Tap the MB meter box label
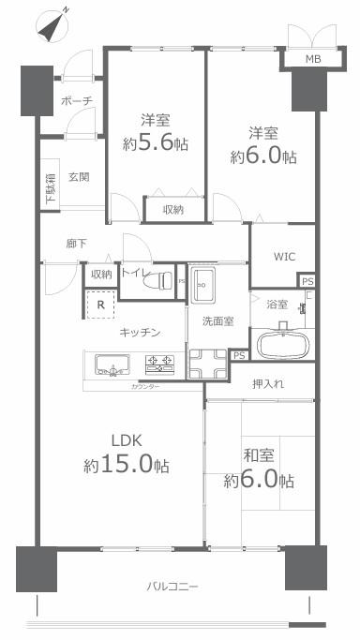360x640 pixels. [x=309, y=61]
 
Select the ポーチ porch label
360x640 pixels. [x=74, y=99]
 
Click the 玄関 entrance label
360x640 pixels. [x=79, y=177]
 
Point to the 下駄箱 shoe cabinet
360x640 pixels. [x=50, y=190]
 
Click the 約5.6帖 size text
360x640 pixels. [x=156, y=142]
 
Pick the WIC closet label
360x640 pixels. [x=284, y=256]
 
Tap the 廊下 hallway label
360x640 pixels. [x=77, y=244]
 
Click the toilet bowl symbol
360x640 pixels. [x=165, y=279]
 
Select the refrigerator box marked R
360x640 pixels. [x=99, y=305]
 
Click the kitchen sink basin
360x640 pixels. [x=112, y=362]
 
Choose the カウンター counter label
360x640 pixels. [x=144, y=386]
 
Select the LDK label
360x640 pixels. [x=127, y=441]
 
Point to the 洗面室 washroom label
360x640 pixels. [x=217, y=321]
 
